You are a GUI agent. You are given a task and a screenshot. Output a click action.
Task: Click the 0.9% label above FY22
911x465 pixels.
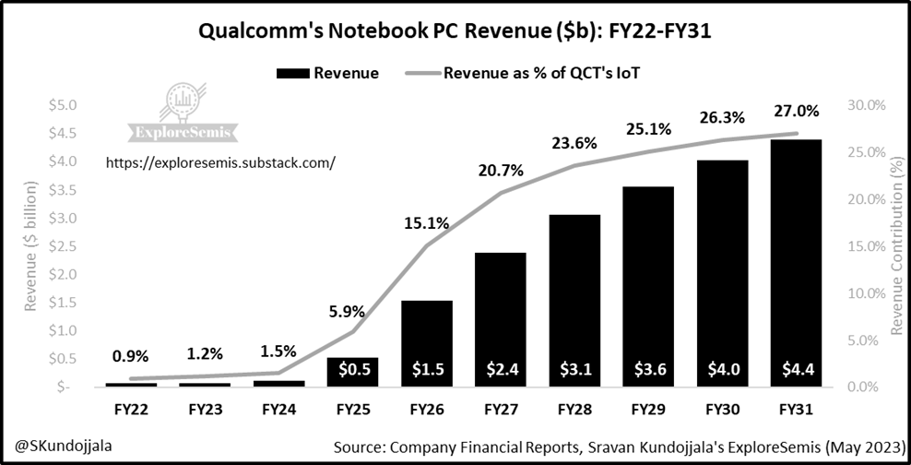[x=130, y=355]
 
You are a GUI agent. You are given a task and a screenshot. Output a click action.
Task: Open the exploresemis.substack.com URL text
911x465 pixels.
[x=220, y=162]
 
